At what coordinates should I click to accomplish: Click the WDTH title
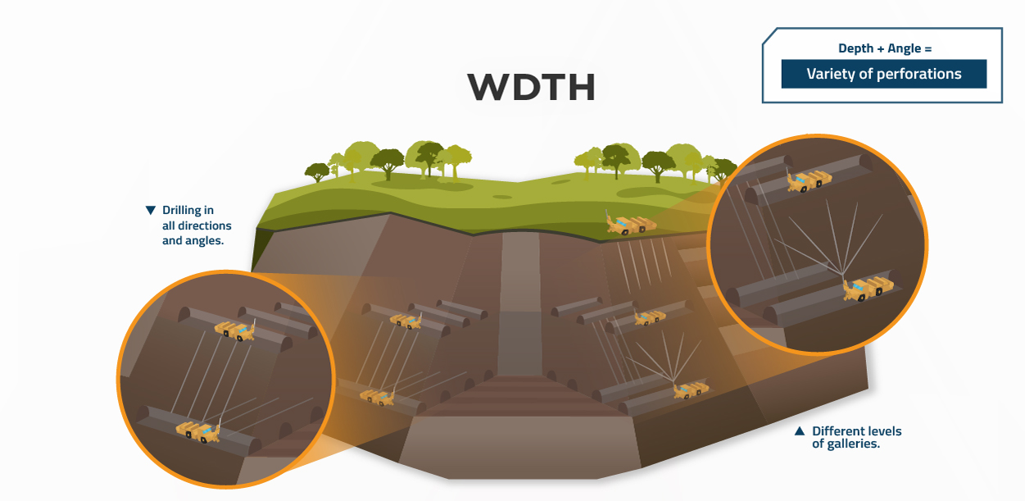click(531, 88)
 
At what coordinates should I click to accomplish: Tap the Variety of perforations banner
click(883, 74)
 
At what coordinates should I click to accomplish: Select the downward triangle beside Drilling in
click(150, 211)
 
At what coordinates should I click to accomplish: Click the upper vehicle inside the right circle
click(810, 181)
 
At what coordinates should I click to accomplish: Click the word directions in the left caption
click(206, 225)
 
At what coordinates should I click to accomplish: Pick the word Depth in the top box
click(856, 48)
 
